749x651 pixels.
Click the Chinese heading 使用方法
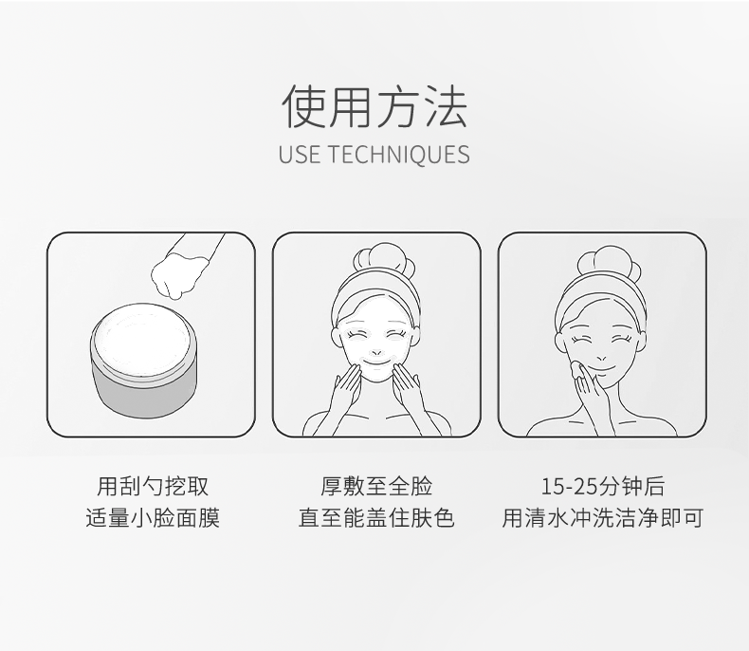tap(374, 105)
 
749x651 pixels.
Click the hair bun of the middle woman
tap(384, 259)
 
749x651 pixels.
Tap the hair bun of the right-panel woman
tap(608, 262)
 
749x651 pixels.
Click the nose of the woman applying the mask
tap(377, 352)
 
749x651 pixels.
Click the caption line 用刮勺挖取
tap(153, 486)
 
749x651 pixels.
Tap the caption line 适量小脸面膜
tap(153, 517)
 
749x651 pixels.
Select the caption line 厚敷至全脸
tap(376, 486)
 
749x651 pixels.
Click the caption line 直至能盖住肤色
tap(376, 517)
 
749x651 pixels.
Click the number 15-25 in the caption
tap(569, 487)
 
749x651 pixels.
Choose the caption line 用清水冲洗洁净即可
tap(602, 517)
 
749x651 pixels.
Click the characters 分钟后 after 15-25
tap(630, 486)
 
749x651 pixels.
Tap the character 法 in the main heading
tap(446, 105)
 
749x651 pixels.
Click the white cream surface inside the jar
tap(143, 341)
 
